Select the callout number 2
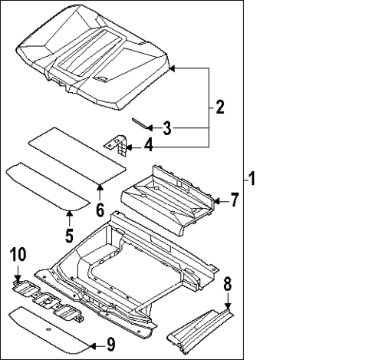[219, 107]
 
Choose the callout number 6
[99, 209]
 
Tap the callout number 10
[17, 254]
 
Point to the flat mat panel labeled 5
[46, 185]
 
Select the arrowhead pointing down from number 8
[227, 306]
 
